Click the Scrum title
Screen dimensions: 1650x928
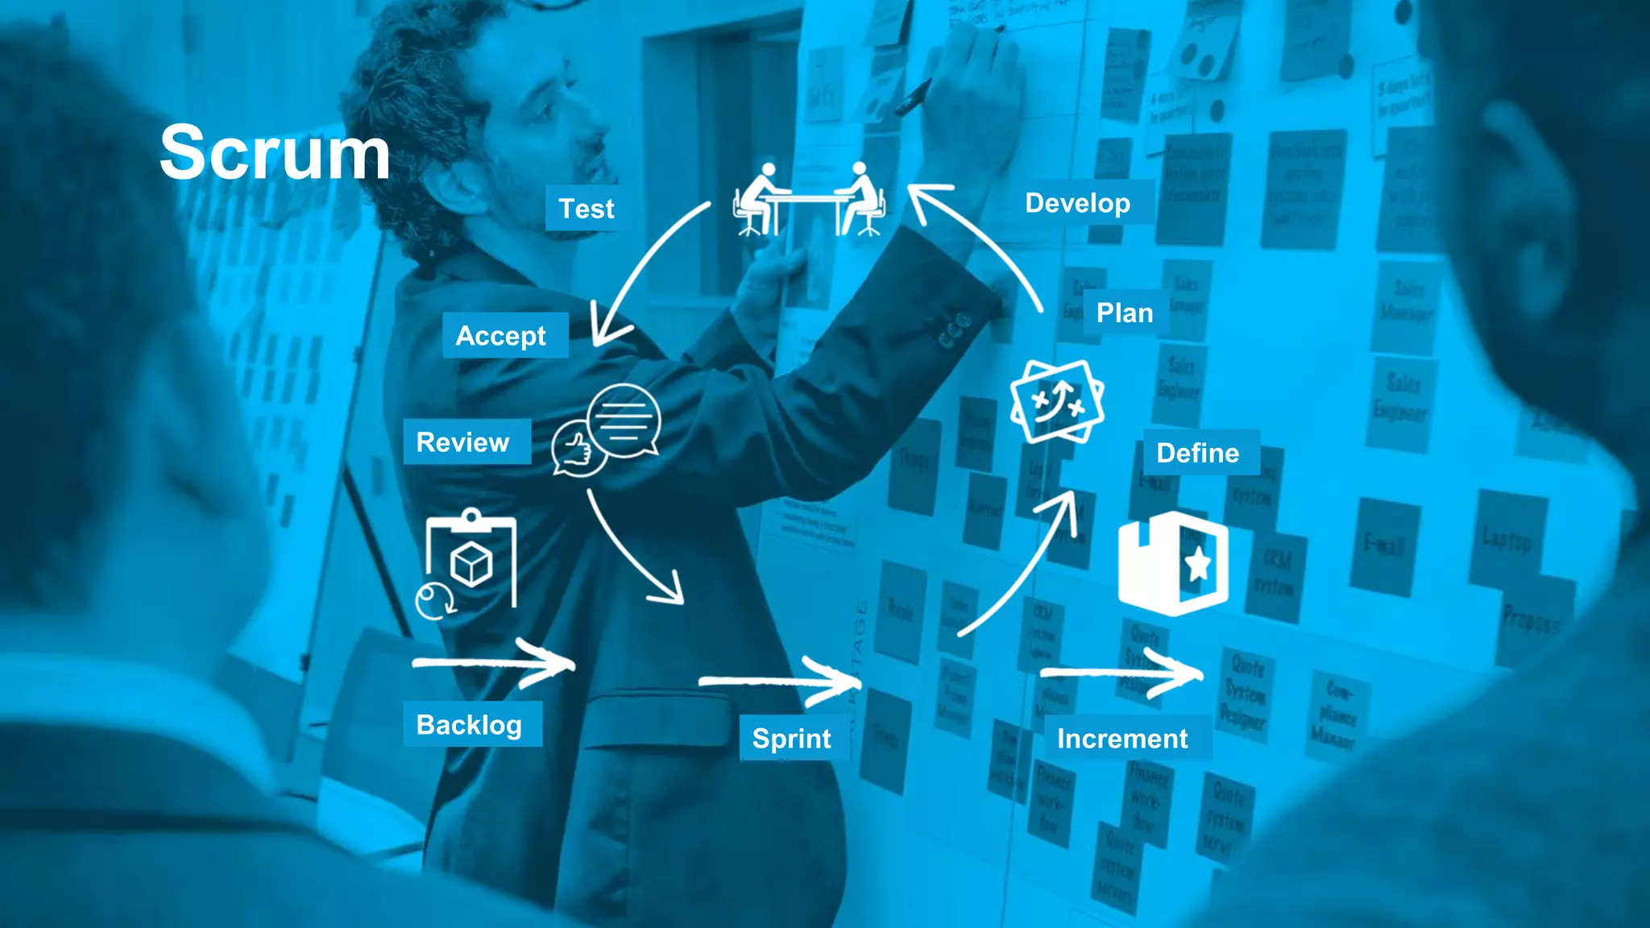coord(275,153)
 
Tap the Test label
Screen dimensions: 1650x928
coord(587,209)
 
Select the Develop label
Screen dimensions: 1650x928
coord(1077,203)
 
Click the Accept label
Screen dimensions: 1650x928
coord(501,335)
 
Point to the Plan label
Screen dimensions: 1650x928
coord(1125,313)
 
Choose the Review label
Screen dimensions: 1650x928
coord(463,441)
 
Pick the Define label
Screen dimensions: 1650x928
coord(1198,453)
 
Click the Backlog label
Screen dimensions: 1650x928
coord(470,724)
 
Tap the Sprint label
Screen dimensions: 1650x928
coord(792,738)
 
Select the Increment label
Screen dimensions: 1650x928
coord(1122,738)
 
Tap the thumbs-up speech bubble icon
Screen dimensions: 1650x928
coord(606,431)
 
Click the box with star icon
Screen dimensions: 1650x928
coord(1174,563)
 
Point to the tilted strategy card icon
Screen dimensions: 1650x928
coord(1057,401)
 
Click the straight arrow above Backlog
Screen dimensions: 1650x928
coord(494,664)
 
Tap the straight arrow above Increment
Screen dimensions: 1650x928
coord(1122,672)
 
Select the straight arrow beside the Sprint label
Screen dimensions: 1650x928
coord(781,682)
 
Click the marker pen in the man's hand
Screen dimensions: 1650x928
coord(914,97)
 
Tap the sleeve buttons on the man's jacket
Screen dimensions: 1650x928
coord(955,331)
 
